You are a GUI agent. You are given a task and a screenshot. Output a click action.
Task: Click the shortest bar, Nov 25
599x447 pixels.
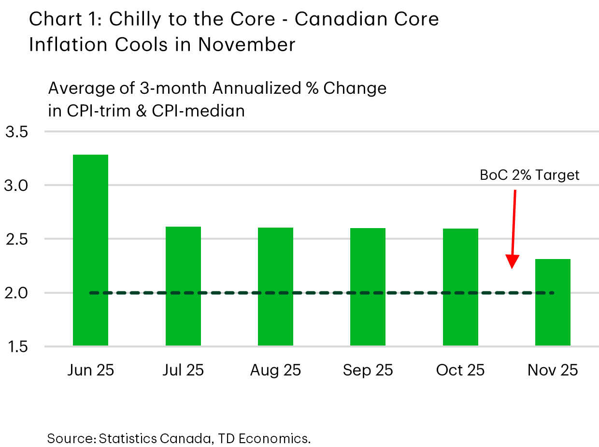[553, 302]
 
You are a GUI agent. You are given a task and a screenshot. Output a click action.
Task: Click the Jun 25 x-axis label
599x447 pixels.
[90, 371]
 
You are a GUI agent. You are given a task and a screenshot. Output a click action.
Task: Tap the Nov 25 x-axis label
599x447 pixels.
[553, 371]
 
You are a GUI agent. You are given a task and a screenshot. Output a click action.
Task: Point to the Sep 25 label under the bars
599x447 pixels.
[368, 371]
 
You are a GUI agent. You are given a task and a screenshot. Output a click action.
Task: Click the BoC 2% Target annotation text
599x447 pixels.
[529, 174]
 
